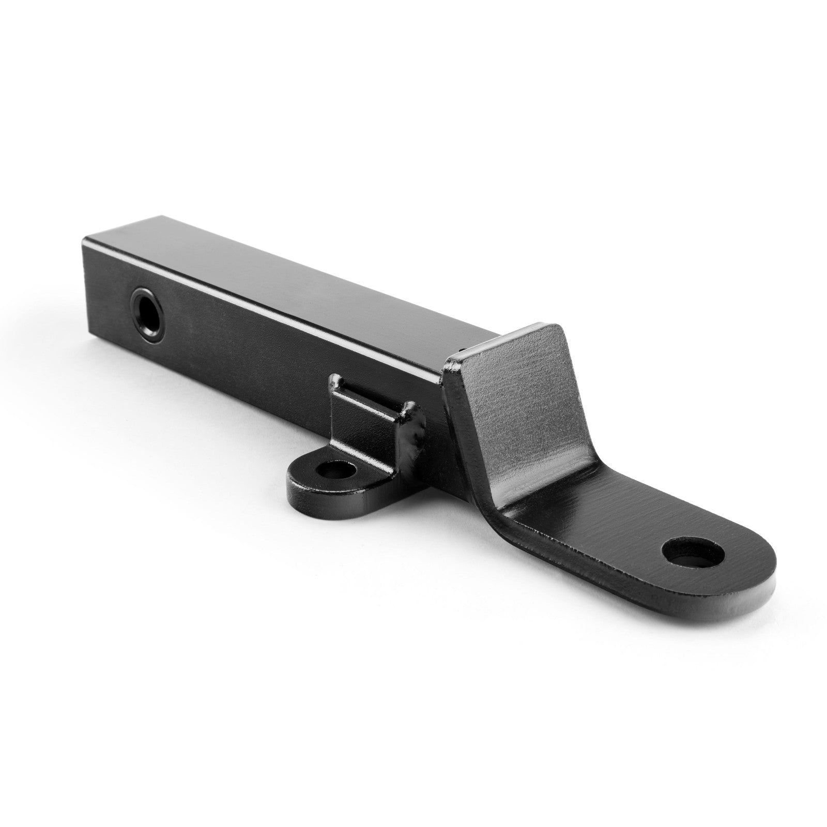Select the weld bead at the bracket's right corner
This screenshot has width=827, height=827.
tap(413, 413)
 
